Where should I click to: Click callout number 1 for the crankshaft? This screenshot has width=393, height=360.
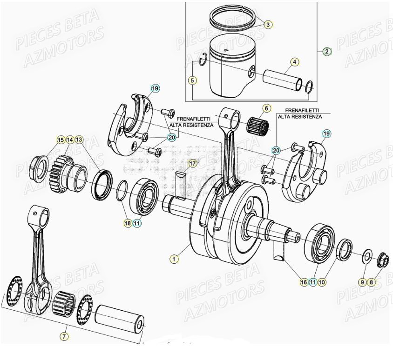(174, 259)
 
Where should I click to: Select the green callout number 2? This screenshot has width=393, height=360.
(327, 52)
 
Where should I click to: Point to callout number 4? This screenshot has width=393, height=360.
(294, 61)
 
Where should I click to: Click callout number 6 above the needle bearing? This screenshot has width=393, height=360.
(266, 108)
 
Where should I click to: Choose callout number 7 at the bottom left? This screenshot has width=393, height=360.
(64, 335)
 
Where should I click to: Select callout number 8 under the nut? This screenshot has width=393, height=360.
(372, 281)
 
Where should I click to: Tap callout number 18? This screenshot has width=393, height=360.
(127, 223)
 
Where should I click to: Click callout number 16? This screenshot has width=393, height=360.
(303, 281)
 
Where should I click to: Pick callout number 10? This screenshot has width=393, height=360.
(322, 281)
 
